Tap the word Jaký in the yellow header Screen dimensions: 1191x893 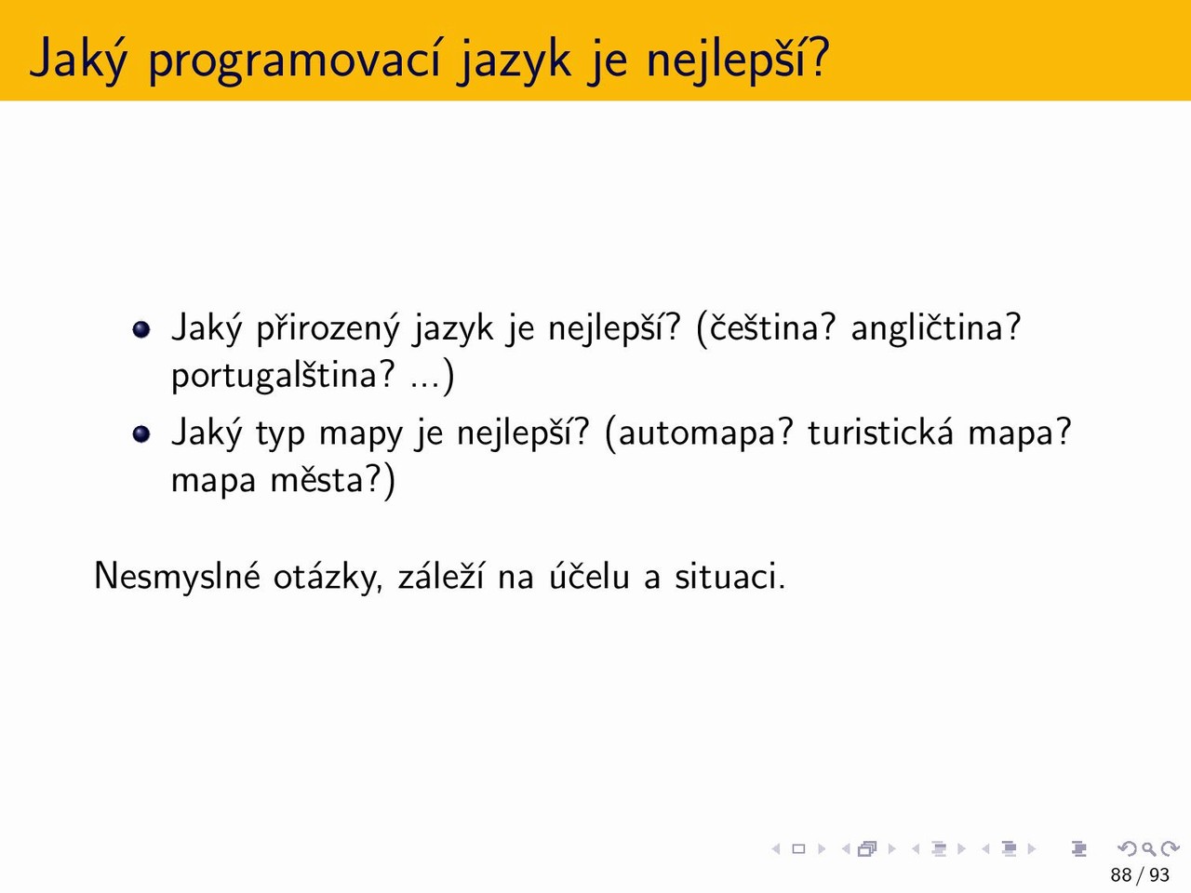(x=78, y=60)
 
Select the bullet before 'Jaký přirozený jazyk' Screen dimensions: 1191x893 (x=141, y=329)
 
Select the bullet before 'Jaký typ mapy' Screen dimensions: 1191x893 (x=141, y=434)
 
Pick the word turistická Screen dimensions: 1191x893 (x=880, y=433)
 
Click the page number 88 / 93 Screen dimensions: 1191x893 (x=1140, y=874)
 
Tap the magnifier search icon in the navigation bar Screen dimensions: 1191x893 (x=1148, y=848)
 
